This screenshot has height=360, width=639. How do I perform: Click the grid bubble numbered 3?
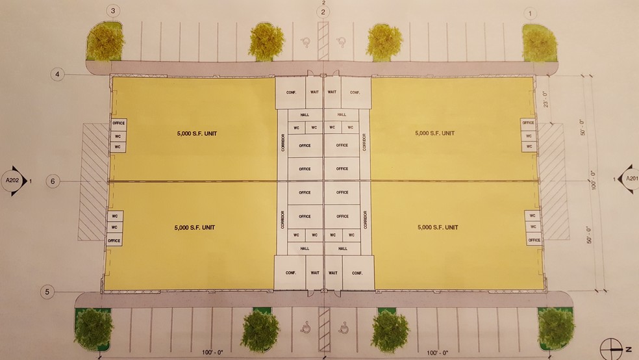tap(114, 11)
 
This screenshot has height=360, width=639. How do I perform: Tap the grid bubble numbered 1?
tap(532, 12)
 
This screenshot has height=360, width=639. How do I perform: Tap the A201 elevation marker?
tap(629, 179)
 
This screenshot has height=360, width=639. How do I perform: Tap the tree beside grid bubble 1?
tap(540, 40)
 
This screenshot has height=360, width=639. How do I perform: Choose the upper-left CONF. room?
tap(290, 92)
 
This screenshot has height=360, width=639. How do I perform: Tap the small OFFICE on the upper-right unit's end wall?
tap(528, 122)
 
